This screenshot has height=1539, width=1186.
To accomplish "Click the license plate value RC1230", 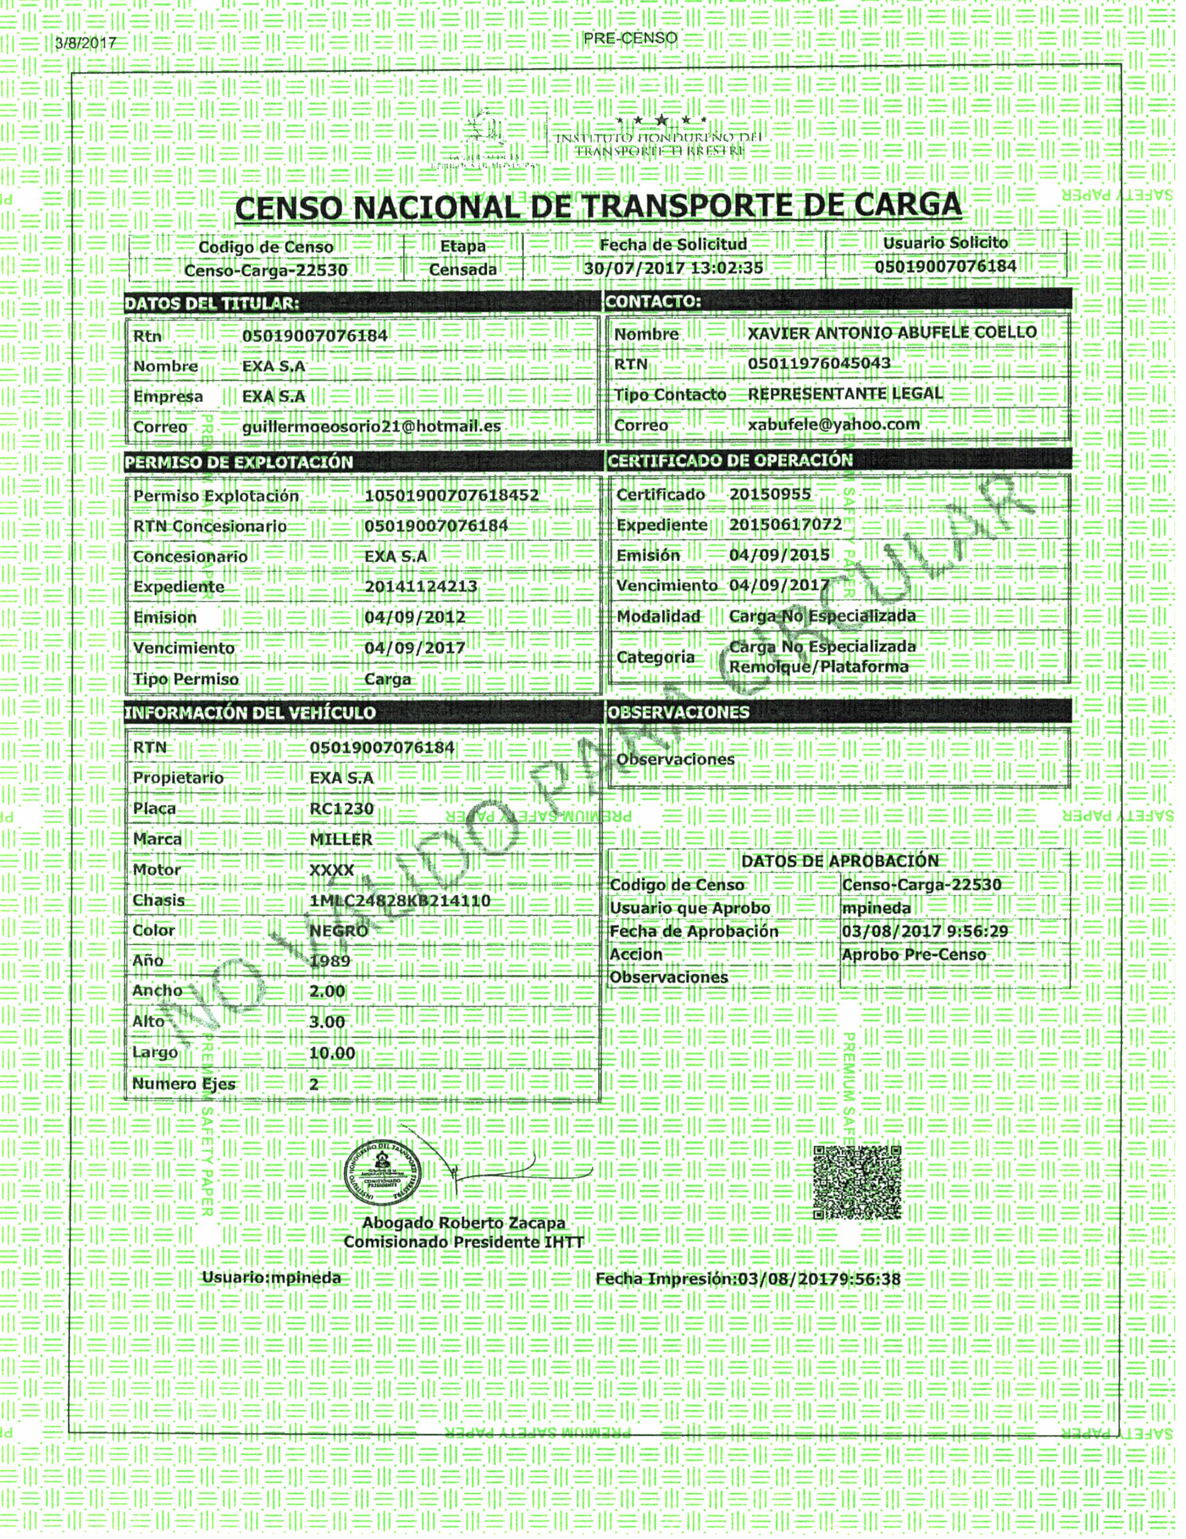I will coord(341,809).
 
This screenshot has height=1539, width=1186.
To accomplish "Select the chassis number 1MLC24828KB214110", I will coord(399,900).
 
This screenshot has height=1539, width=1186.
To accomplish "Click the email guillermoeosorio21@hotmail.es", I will coord(371,427).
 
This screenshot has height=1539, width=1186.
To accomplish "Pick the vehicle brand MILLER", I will coord(341,839).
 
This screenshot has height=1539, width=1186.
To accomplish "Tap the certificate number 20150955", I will coord(770,494).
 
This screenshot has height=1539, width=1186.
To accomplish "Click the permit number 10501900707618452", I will coord(452,495).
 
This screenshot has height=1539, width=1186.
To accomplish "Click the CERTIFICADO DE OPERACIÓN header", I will coord(730,461).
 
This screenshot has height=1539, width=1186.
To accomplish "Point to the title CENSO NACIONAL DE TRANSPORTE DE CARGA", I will coord(598,206).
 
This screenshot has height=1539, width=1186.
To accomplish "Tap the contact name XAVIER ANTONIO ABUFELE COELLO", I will coord(892,333).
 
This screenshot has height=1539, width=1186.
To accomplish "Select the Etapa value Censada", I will coord(463,269).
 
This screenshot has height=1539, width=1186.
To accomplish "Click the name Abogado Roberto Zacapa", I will coord(463,1223).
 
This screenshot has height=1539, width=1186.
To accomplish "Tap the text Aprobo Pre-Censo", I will coord(913,955).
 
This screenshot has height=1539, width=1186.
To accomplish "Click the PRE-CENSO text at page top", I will coord(630,38).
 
